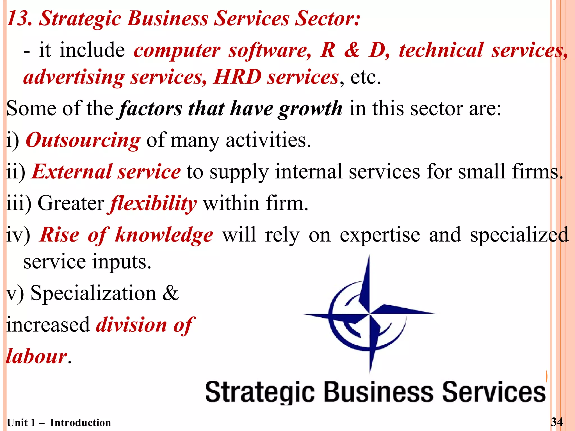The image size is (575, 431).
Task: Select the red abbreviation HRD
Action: pos(237,77)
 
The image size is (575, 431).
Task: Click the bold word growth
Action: pos(310,109)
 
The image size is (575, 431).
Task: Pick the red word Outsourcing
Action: pos(83,140)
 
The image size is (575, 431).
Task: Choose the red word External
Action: pos(72,172)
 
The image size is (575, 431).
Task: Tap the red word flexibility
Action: pos(153,204)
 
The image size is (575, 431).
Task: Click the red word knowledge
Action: pos(164,235)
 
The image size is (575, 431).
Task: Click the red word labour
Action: pos(36,356)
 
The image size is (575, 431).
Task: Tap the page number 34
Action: pos(557,422)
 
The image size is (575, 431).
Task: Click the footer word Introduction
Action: pos(81,423)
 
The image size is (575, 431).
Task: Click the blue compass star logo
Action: pos(369,313)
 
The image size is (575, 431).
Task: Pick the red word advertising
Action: pos(74,77)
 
